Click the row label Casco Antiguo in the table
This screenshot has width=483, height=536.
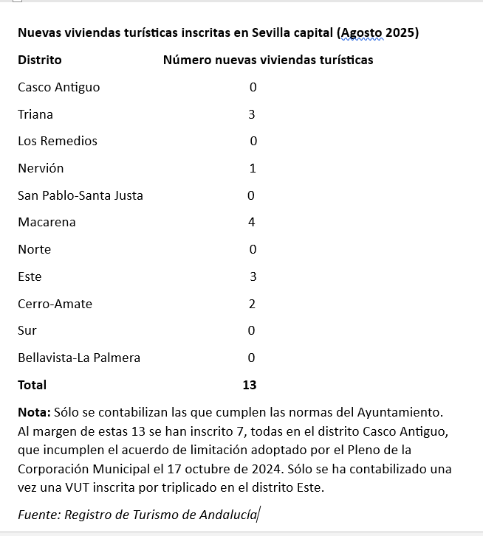tap(58, 87)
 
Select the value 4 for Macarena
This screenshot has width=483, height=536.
tap(252, 222)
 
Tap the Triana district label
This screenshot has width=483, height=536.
tap(35, 114)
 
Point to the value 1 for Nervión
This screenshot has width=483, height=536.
tap(253, 168)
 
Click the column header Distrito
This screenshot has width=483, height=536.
tap(40, 60)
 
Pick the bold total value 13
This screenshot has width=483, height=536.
tap(249, 385)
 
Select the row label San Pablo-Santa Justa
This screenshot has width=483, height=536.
tap(80, 195)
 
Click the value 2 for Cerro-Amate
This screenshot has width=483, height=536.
tap(252, 304)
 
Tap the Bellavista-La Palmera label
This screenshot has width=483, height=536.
tap(79, 358)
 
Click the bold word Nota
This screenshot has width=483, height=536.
tap(33, 411)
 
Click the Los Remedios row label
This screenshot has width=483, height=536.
tap(58, 141)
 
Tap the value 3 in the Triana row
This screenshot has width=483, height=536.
tap(252, 114)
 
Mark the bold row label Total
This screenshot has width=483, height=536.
tap(32, 385)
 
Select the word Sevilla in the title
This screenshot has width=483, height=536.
tap(273, 33)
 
